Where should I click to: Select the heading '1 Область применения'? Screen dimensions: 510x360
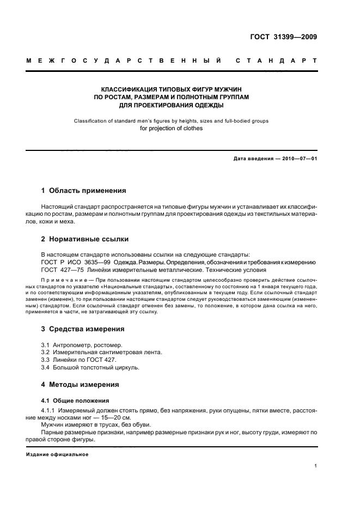83,191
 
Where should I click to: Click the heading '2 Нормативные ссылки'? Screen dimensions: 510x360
85,239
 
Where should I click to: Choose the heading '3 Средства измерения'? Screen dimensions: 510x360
83,329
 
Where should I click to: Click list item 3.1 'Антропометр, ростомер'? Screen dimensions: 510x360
82,345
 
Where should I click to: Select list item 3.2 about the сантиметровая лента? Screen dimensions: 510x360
101,353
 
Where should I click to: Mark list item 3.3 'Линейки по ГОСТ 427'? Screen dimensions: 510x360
79,360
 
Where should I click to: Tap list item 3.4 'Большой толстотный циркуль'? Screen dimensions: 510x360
90,368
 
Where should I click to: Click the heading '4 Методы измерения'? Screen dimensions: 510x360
80,385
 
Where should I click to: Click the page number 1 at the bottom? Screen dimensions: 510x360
315,466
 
